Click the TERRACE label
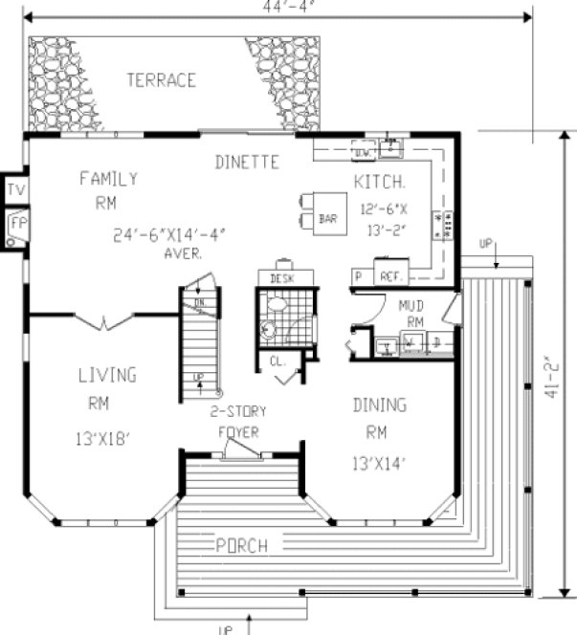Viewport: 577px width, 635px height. click(161, 79)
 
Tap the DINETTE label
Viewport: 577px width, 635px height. click(247, 163)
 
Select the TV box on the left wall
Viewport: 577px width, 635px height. click(14, 190)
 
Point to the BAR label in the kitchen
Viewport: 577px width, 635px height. click(327, 219)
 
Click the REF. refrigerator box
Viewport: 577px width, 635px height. click(389, 275)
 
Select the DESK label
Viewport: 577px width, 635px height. click(280, 278)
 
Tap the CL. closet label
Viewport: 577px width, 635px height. click(277, 361)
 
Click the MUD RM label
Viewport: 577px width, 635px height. click(411, 315)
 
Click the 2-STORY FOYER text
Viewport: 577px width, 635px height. click(240, 422)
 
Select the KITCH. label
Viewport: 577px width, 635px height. click(381, 182)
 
